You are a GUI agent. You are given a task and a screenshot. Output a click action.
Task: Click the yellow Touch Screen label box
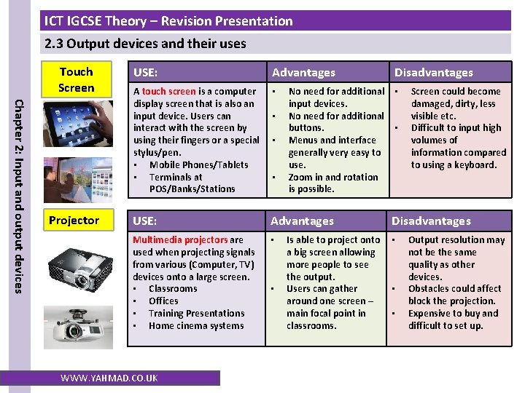[77, 79]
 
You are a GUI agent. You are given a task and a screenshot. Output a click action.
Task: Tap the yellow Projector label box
[78, 220]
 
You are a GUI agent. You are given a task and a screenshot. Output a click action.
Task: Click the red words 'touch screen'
[168, 91]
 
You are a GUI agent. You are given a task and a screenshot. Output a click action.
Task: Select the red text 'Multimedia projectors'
[180, 239]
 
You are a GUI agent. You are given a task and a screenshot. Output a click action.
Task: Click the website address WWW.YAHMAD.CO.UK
[109, 378]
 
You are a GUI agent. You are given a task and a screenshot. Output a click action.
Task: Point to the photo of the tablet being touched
[78, 124]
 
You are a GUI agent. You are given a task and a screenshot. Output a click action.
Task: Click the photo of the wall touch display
[78, 180]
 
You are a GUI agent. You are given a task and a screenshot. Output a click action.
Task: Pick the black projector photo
[80, 269]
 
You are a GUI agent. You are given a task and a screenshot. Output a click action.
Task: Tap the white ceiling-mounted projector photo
[78, 327]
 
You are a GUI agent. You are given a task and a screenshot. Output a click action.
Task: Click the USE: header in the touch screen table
[145, 73]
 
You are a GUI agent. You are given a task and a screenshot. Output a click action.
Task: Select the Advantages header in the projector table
[302, 221]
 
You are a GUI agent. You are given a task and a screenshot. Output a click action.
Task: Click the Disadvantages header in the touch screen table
[434, 73]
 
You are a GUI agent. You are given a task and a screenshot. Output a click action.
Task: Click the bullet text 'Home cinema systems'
[196, 325]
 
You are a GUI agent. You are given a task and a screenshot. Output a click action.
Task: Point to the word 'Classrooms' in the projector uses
[173, 288]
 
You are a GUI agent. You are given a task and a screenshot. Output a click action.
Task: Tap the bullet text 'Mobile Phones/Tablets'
[199, 164]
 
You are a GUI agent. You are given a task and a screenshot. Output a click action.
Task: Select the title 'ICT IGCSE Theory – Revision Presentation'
[168, 21]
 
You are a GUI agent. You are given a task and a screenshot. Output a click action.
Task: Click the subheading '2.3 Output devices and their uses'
[145, 44]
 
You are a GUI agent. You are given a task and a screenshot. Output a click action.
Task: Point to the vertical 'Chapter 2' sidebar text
[19, 196]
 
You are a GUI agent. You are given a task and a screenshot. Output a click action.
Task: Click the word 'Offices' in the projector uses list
[163, 301]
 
